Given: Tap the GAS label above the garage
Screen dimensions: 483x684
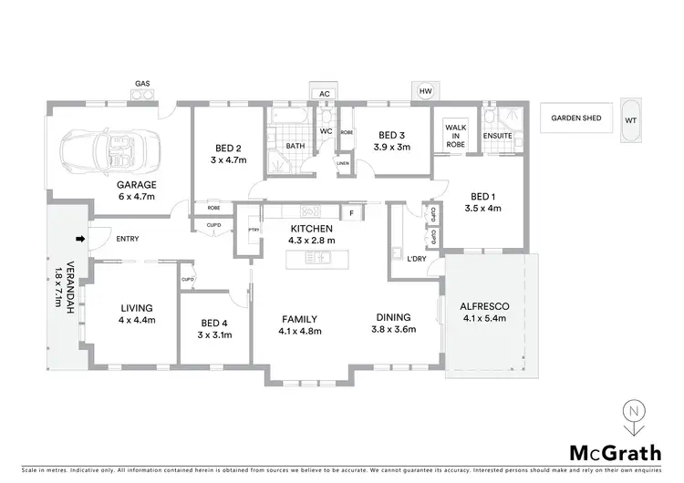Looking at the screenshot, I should coord(142,83).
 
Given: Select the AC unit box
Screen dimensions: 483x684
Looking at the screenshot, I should coord(324,93).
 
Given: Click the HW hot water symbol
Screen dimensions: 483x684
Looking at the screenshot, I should coord(425,92).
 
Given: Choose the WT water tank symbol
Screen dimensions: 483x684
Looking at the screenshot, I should coord(631,119).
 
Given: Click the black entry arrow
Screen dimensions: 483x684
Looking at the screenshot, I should coord(80,240).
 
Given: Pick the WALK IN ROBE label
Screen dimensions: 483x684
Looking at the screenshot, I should coord(455,136).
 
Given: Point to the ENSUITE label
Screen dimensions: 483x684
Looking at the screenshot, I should coord(498,137).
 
